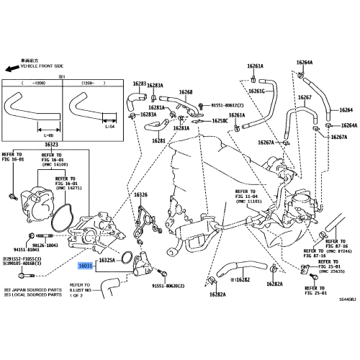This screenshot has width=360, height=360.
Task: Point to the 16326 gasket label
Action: coord(140,194)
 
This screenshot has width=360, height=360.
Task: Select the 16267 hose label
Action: coord(305,97)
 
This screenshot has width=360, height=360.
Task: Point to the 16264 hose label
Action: coord(346,109)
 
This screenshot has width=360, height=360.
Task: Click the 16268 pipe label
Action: coord(186,92)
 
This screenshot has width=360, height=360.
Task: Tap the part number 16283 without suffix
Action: coord(139,84)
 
